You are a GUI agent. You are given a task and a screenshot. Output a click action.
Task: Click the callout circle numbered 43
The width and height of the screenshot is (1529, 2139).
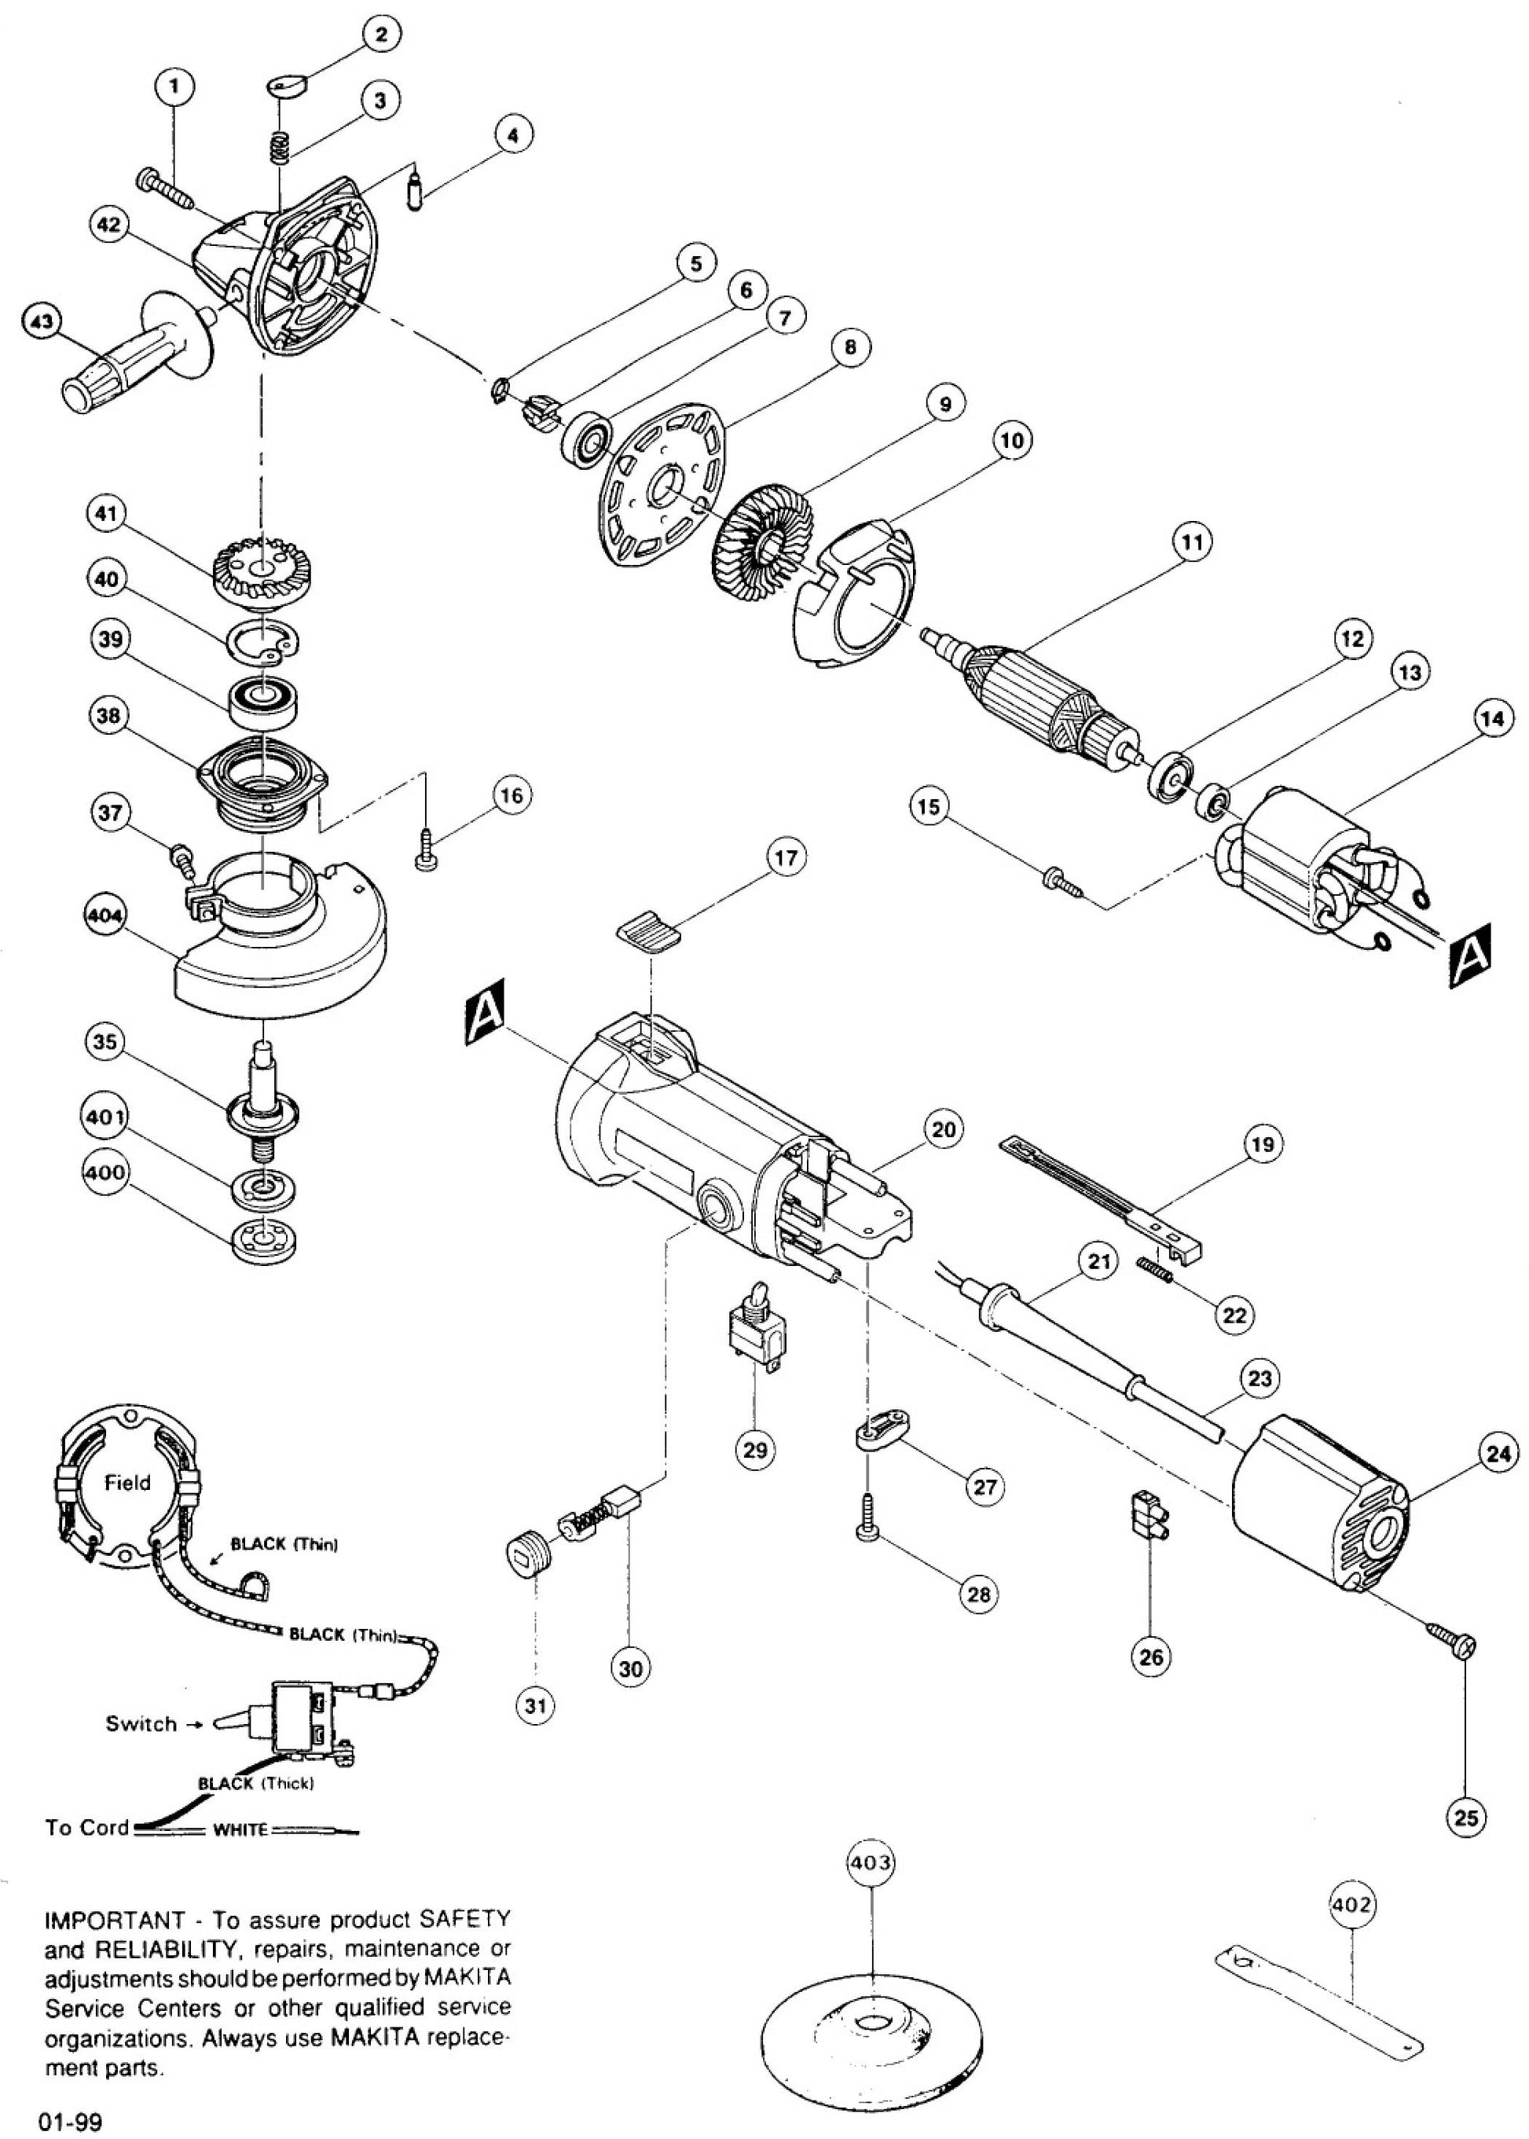tap(42, 323)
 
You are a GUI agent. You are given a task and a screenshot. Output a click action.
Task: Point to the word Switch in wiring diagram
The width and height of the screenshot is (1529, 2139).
tap(141, 1724)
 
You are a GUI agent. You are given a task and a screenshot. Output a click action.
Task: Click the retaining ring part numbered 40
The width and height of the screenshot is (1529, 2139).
tap(266, 641)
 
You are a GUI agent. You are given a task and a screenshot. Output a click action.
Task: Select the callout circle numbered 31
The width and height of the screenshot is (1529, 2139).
tap(536, 1705)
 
